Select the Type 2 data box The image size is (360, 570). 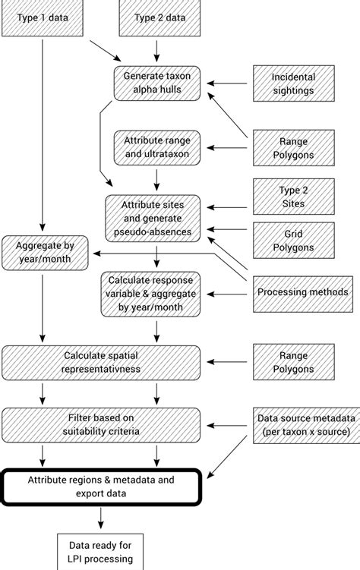156,17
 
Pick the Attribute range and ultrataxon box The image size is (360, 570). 156,147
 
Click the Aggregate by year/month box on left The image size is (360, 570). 45,252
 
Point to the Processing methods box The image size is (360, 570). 302,292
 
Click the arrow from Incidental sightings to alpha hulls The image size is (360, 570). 229,83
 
